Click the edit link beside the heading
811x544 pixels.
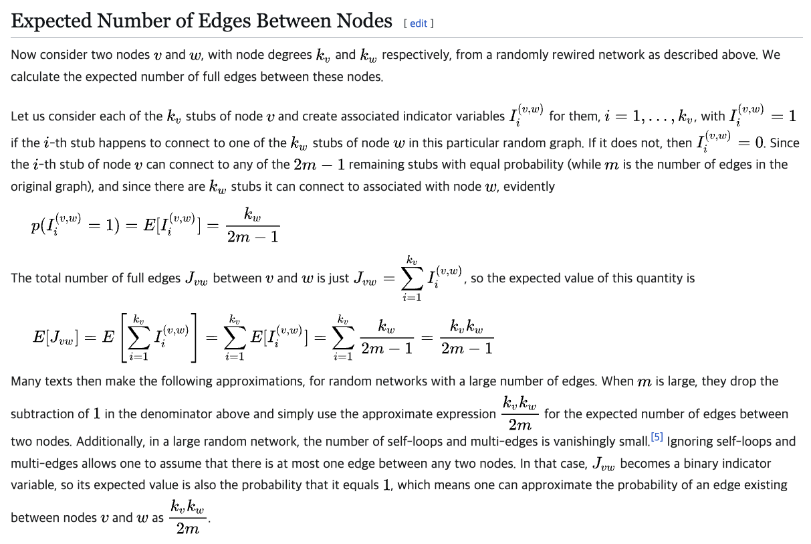(418, 23)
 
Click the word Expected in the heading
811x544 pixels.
(51, 21)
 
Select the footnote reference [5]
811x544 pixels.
(657, 437)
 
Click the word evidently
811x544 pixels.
(529, 187)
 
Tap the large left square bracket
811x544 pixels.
(124, 338)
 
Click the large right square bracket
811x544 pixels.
(193, 338)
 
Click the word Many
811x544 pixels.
(25, 381)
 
